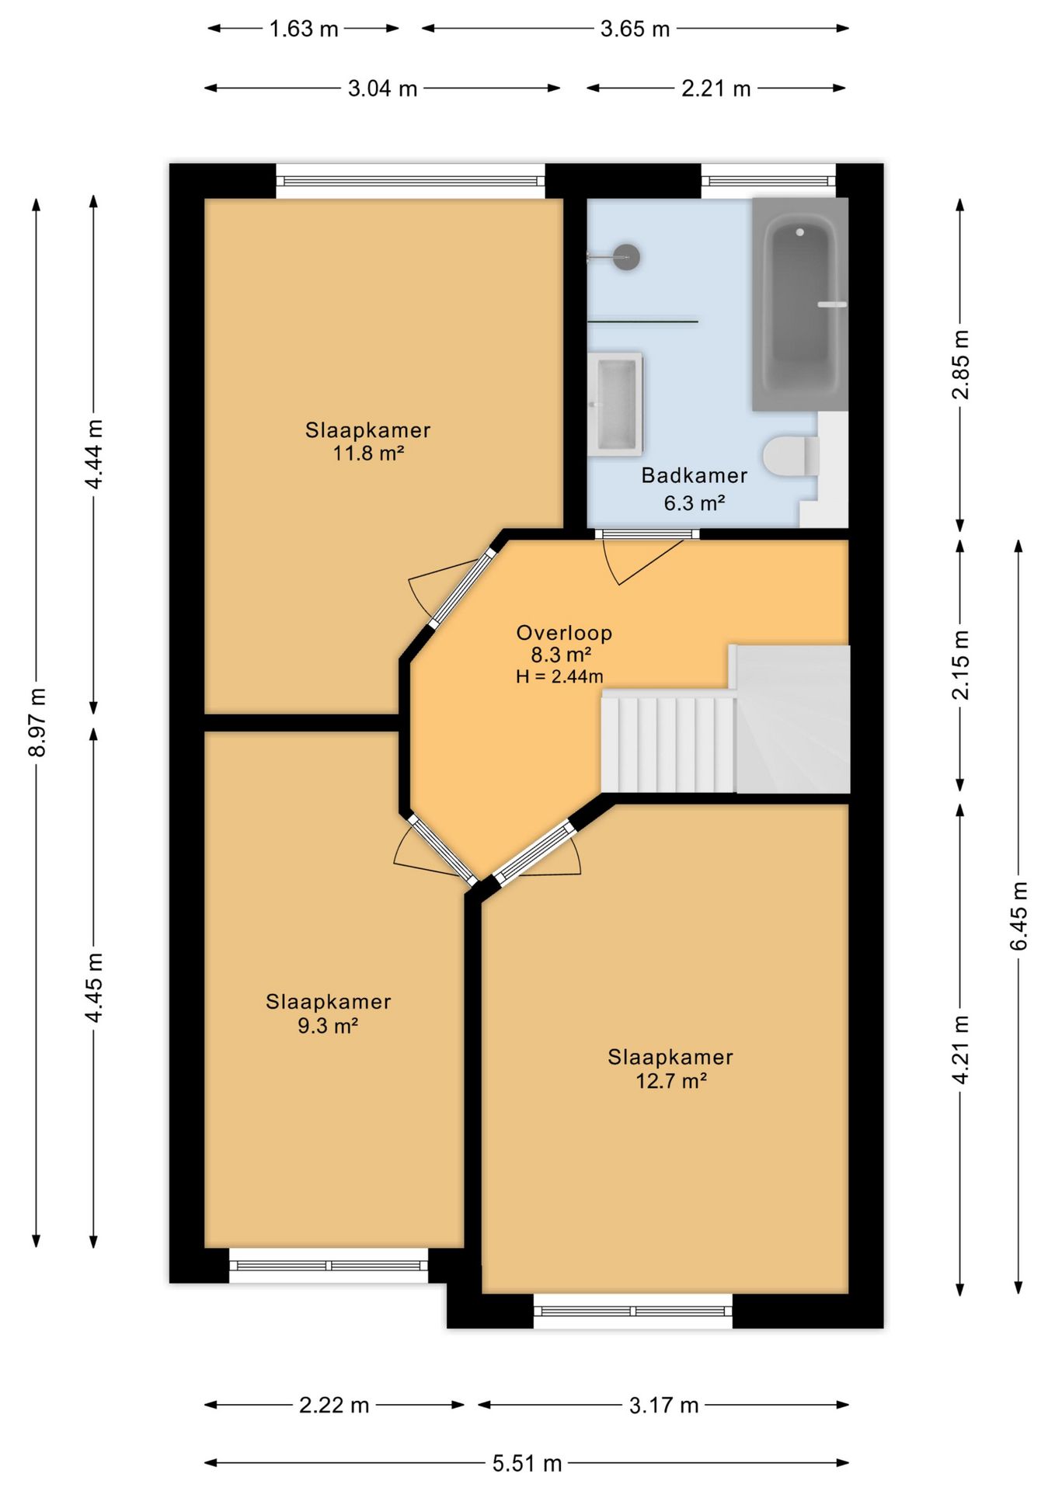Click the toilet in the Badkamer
click(791, 456)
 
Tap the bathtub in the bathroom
click(800, 304)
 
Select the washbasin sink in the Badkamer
click(615, 404)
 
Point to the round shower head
click(626, 256)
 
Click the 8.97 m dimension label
click(37, 722)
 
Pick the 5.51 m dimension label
click(527, 1463)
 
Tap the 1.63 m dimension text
click(304, 29)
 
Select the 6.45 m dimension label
click(1018, 916)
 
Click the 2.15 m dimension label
click(960, 665)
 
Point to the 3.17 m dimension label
click(664, 1405)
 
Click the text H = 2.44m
click(559, 676)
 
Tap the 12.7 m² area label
click(671, 1081)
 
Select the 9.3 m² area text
click(328, 1026)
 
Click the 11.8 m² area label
click(368, 453)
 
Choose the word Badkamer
click(695, 475)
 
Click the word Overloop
click(565, 633)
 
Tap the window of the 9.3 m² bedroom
click(329, 1265)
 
